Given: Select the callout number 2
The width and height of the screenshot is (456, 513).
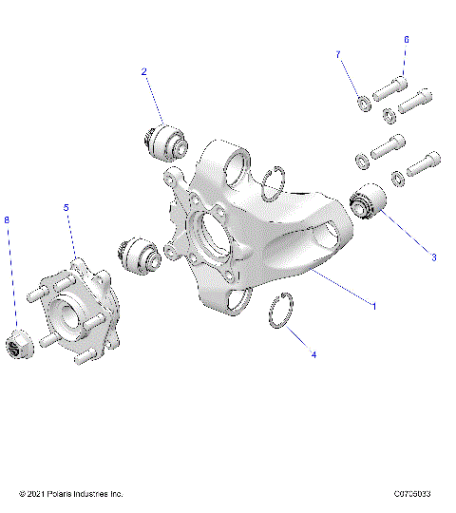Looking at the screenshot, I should (x=143, y=71).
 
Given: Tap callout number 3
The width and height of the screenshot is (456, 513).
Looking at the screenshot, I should (x=434, y=256).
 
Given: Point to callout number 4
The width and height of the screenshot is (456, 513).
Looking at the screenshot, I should (x=314, y=354).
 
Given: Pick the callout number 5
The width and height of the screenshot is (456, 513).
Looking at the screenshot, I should (x=66, y=207).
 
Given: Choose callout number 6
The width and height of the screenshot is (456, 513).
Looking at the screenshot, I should (x=406, y=40).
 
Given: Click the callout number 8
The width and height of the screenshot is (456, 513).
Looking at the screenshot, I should (x=8, y=220).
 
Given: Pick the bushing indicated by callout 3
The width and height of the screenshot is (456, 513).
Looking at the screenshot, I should (x=365, y=202).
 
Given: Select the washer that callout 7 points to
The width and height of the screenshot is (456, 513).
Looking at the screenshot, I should (x=364, y=102).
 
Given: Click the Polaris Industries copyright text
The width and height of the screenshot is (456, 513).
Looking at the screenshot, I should (x=71, y=494).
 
